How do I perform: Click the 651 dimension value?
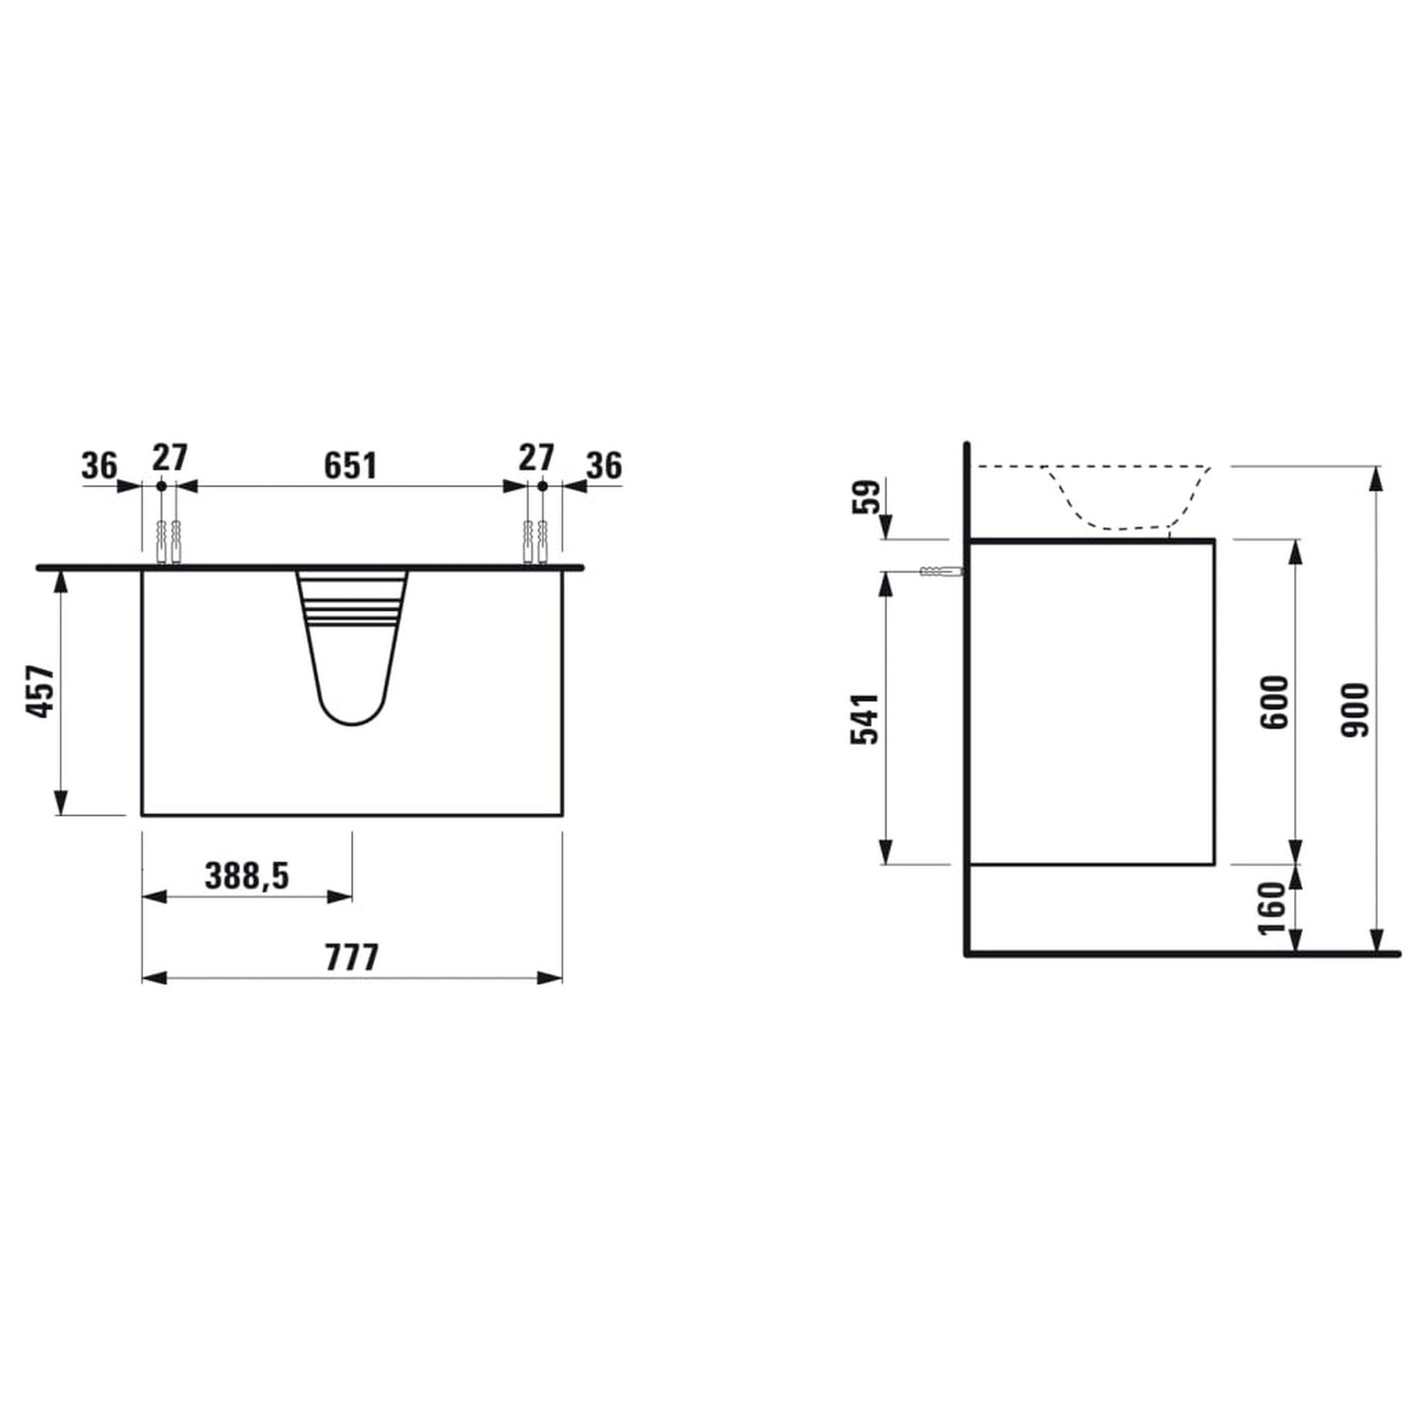point(350,464)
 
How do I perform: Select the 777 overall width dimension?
point(352,957)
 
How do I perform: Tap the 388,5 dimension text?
point(247,876)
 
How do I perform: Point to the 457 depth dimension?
point(40,691)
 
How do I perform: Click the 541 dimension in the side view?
point(865,718)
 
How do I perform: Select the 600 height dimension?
point(1275,701)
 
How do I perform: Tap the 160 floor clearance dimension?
point(1273,909)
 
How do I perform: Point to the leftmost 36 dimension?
point(99,464)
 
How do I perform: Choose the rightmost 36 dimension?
point(604,464)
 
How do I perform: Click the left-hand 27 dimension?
point(169,458)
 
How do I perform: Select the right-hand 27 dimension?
point(535,458)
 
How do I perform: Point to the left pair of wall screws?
point(168,541)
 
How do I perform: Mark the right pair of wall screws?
point(534,541)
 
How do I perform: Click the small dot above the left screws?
point(161,485)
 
